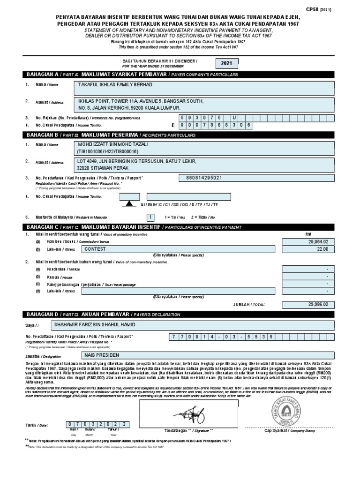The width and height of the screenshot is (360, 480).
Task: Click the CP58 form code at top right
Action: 325,9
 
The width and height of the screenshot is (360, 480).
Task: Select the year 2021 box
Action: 226,63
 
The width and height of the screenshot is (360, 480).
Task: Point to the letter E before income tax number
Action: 172,125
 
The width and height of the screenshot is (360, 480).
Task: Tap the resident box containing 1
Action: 150,217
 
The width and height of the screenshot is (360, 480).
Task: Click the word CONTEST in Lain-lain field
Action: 95,249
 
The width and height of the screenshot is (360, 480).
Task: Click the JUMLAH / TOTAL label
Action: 249,305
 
